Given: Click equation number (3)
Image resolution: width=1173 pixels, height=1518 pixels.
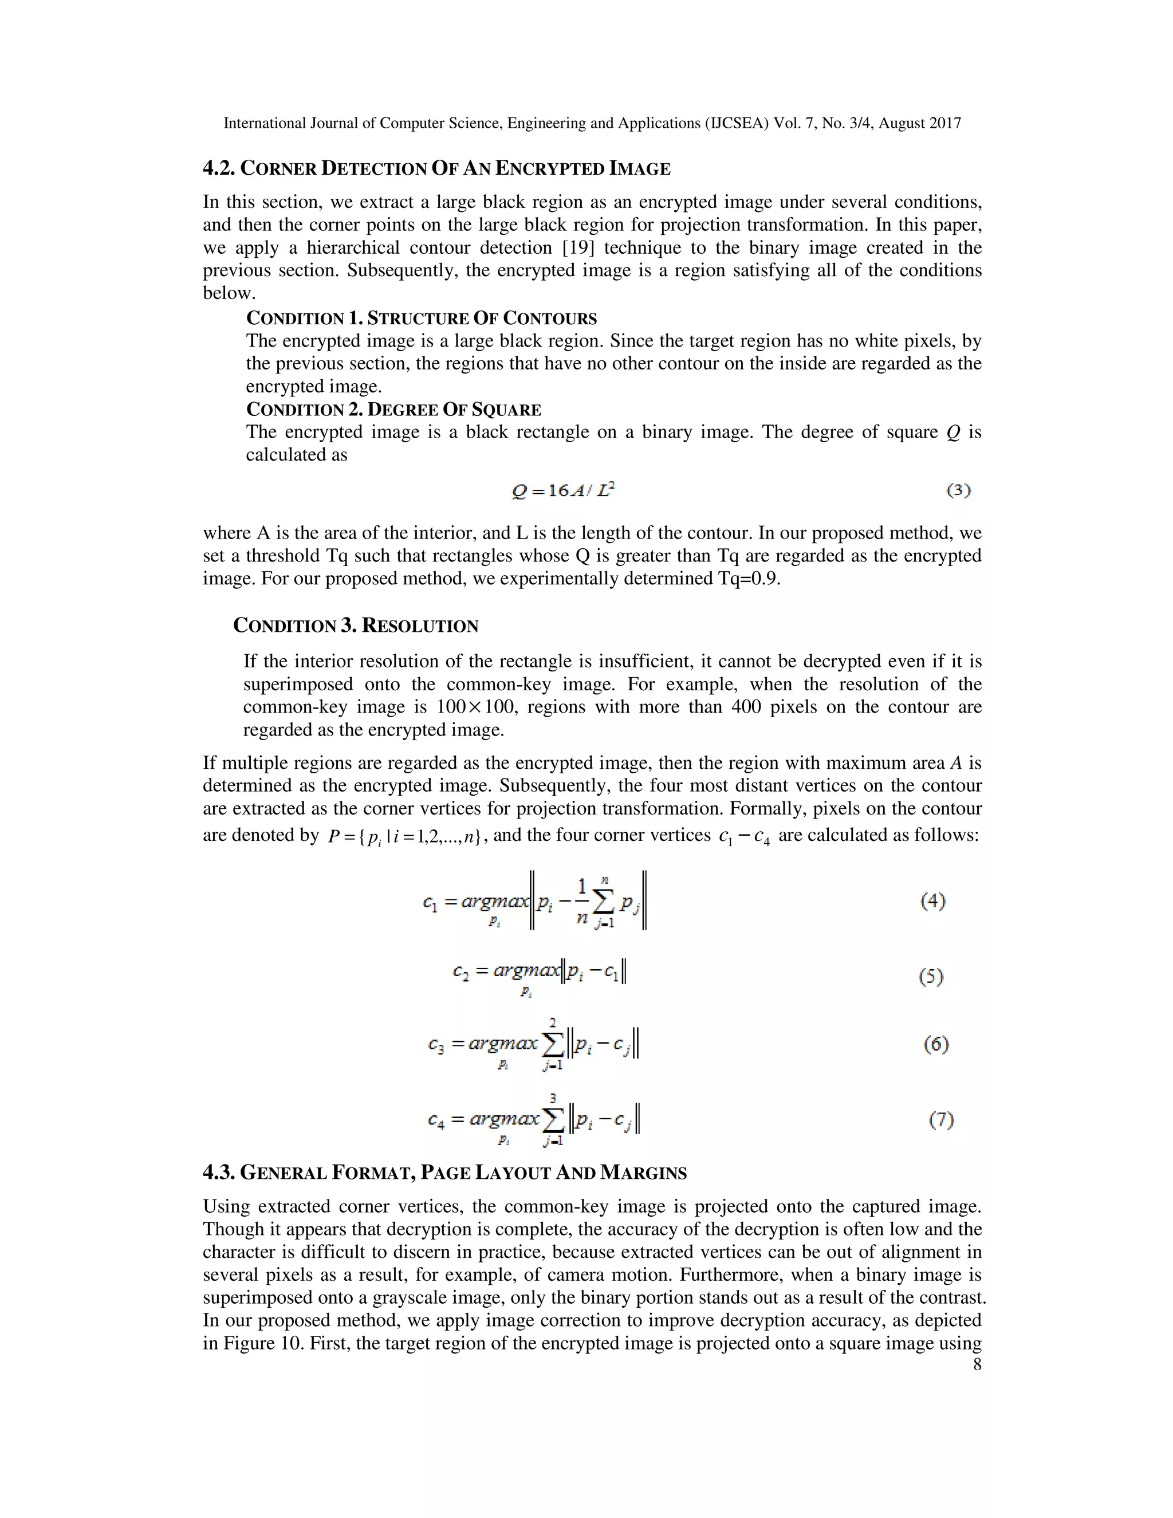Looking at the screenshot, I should click(958, 491).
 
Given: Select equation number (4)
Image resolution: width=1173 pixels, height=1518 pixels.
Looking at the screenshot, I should click(932, 902).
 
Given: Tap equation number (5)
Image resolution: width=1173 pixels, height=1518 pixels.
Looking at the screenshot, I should click(931, 977).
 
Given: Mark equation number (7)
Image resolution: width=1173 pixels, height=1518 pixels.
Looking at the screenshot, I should click(942, 1120).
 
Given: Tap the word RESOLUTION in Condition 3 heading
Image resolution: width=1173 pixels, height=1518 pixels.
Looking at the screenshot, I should click(420, 626).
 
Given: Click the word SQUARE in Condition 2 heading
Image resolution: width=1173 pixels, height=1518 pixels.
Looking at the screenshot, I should click(506, 410).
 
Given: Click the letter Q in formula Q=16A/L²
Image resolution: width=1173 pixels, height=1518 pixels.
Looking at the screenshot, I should click(519, 491).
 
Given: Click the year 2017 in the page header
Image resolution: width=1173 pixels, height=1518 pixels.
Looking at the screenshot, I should click(944, 124).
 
